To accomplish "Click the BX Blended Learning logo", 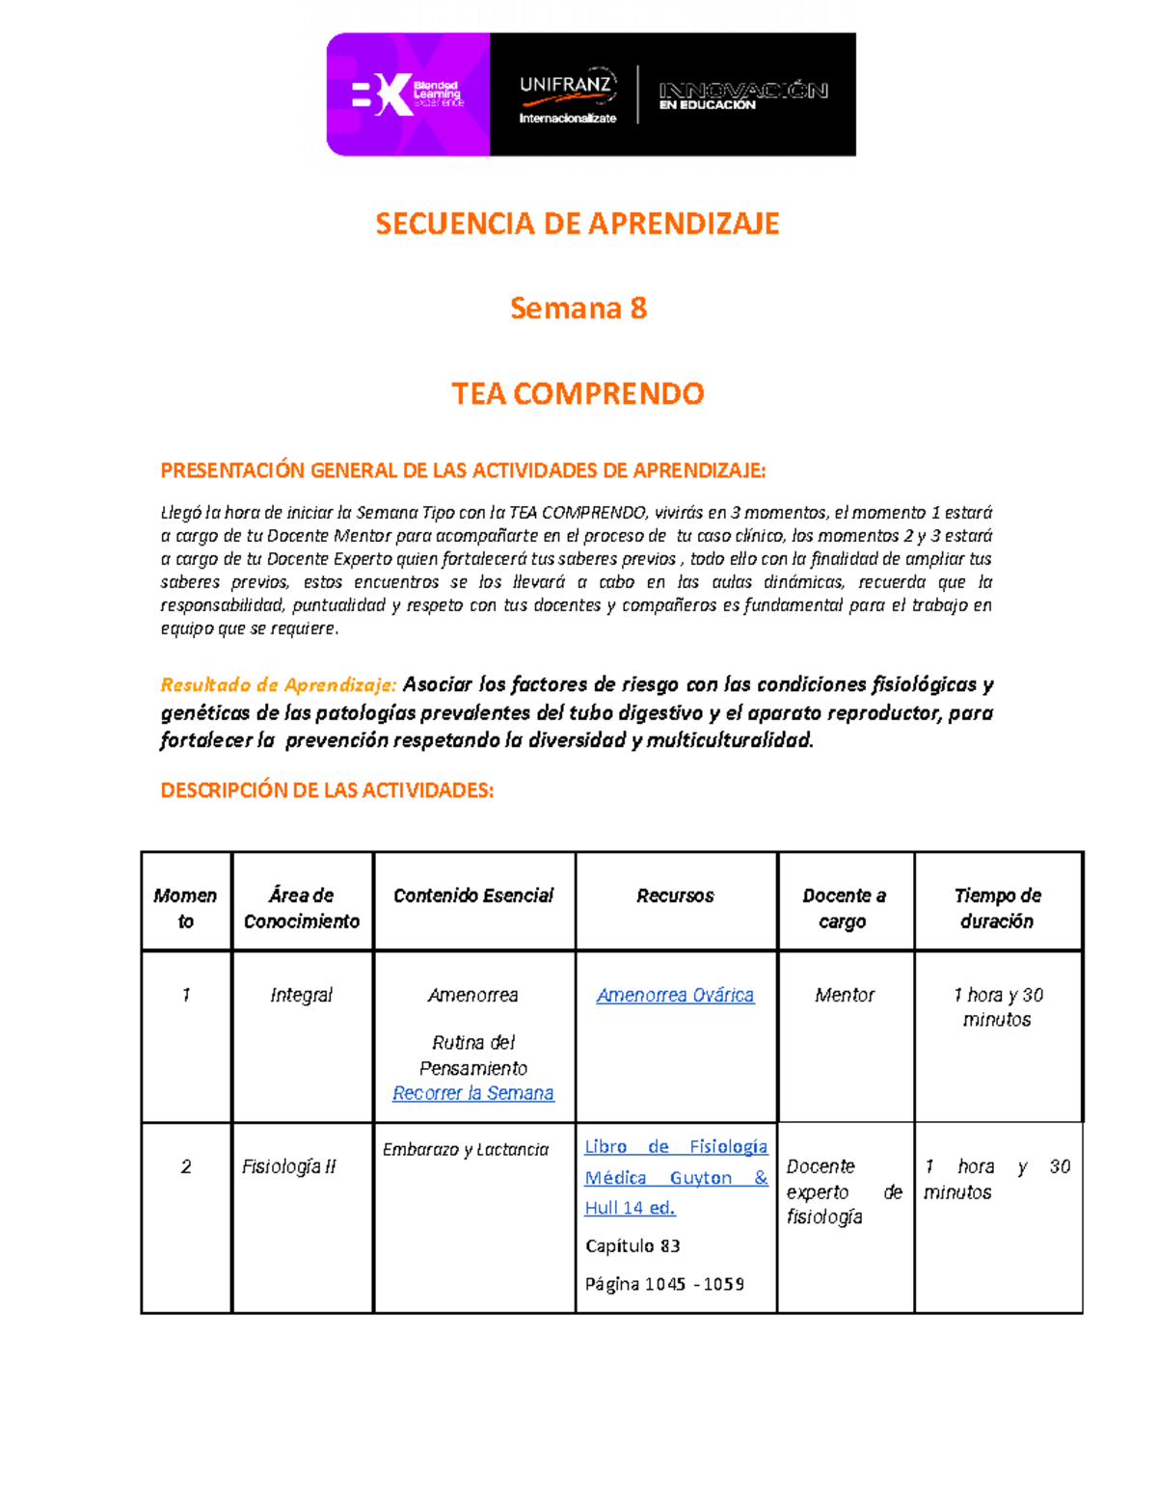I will tap(407, 94).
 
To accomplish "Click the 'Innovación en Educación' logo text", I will tap(742, 95).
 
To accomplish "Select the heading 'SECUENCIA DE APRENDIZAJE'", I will tap(578, 224).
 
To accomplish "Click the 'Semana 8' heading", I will tap(578, 308).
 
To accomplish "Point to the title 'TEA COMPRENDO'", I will tap(578, 393).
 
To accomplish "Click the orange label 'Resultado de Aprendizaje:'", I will tap(278, 685).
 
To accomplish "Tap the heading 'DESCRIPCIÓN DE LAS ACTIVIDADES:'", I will tap(327, 790).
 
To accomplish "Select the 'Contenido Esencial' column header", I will tap(473, 896).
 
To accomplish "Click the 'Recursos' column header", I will tap(675, 896).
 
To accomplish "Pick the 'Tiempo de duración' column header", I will tap(997, 908).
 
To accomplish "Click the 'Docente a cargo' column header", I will tap(844, 908).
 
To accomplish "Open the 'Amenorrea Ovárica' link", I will tap(675, 995).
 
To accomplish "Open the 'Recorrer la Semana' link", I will tap(473, 1093).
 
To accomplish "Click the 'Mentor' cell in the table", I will tap(844, 995).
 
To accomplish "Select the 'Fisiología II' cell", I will tap(288, 1166).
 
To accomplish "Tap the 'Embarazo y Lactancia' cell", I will tap(466, 1149).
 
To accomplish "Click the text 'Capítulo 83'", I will tap(632, 1245).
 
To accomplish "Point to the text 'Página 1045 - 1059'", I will tap(664, 1284).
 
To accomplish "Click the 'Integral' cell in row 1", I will tap(301, 995).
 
